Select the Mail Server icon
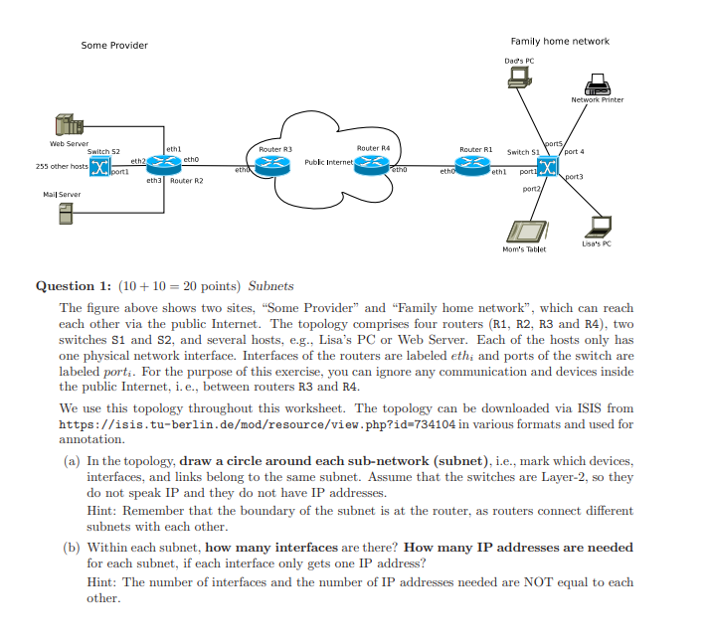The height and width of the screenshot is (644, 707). tap(67, 213)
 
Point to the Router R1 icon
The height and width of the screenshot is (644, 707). tap(475, 165)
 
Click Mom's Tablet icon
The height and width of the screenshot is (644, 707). tap(522, 231)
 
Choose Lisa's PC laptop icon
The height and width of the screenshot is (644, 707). tap(599, 226)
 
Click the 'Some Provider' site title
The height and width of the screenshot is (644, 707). tap(114, 45)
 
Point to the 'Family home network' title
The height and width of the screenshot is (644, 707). tap(560, 41)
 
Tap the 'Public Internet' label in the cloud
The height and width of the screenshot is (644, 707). tap(329, 161)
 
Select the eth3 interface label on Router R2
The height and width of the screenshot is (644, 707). tap(154, 181)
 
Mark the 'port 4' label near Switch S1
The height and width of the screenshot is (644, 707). tap(602, 151)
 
